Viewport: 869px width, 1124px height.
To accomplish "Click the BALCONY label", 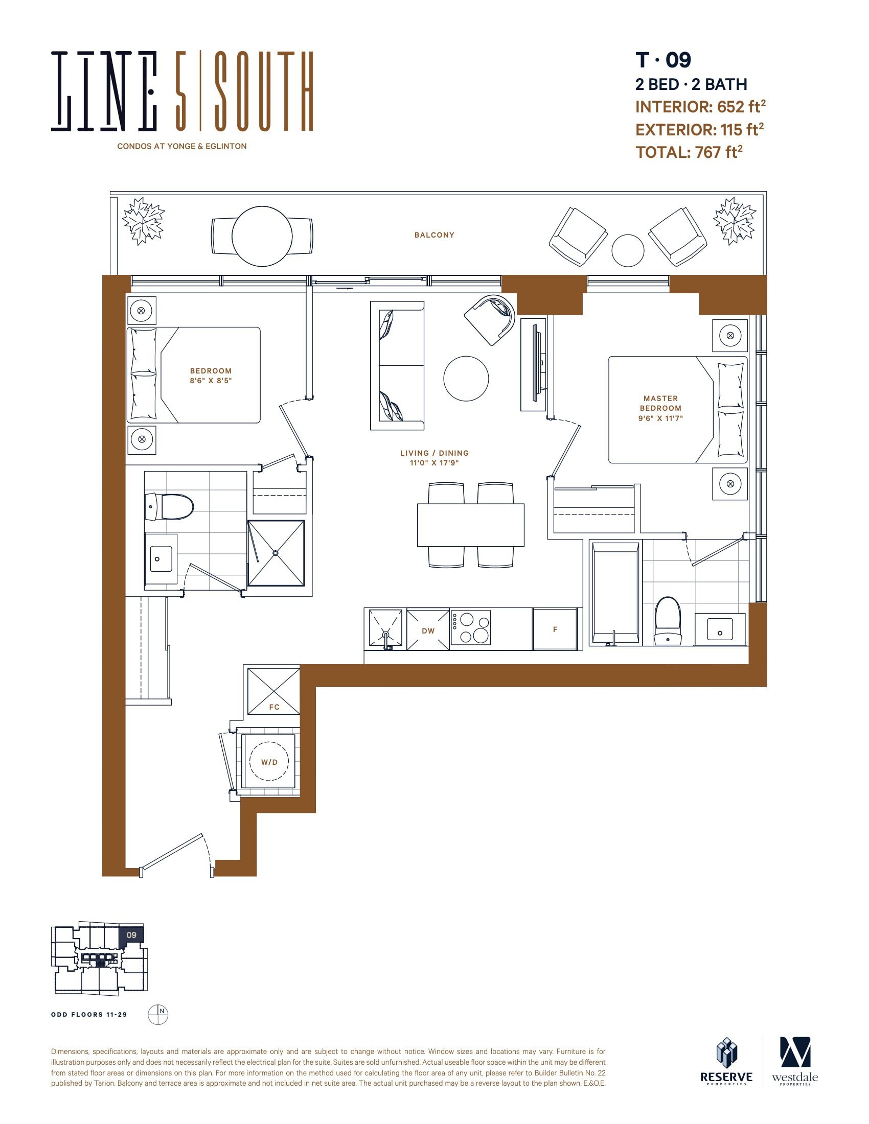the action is [434, 235].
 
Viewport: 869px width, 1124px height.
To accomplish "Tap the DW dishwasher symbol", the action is [428, 629].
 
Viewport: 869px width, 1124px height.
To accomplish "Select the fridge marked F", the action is [555, 629].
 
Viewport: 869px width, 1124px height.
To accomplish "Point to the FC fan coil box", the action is [273, 691].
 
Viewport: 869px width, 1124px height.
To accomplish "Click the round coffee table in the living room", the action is [466, 378].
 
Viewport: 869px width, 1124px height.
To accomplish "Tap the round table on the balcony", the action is [262, 236].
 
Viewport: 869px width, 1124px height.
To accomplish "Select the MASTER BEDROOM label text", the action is [660, 408].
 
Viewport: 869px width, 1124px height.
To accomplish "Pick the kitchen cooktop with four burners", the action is [470, 627].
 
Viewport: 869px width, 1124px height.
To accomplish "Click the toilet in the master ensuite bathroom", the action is [668, 621].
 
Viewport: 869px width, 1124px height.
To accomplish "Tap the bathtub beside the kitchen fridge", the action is [615, 593].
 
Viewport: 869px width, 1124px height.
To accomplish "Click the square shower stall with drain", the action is [276, 553].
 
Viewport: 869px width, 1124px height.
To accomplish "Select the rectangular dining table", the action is [470, 525].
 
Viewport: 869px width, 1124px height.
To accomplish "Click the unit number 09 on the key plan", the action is [131, 935].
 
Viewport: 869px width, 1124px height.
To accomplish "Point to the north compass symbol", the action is [158, 1014].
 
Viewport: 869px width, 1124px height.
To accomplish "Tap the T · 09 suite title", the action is [663, 60].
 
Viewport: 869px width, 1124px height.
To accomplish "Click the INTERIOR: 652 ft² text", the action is [700, 107].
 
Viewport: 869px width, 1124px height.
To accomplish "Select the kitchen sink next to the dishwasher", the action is [385, 628].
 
